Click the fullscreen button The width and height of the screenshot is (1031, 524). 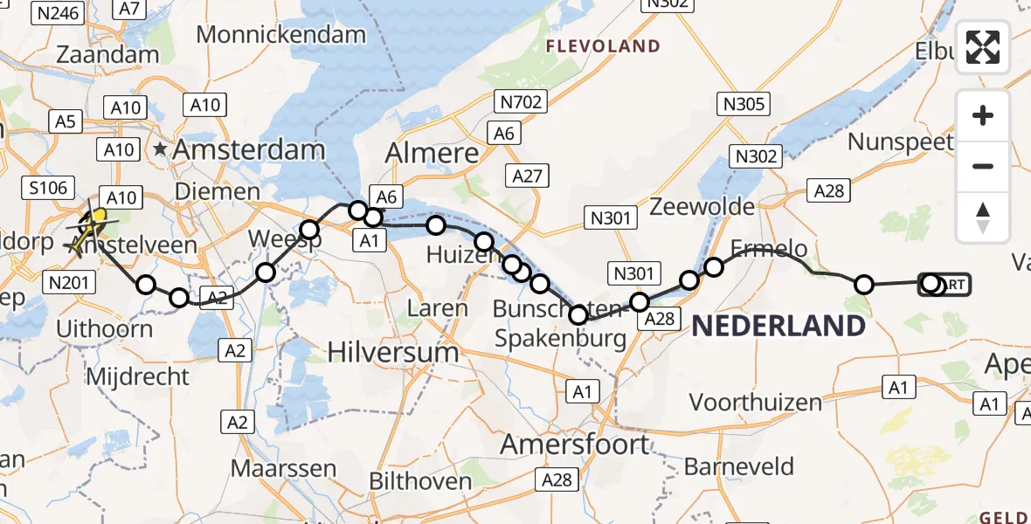(983, 47)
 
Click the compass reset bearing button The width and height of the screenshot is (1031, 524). (983, 217)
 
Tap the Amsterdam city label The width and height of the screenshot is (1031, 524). (248, 149)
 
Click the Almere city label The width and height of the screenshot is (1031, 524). (432, 154)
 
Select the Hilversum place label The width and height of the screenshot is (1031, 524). (393, 352)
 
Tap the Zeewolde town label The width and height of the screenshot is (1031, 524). (702, 207)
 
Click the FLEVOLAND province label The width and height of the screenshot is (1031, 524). (603, 45)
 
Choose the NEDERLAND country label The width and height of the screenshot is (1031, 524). (778, 327)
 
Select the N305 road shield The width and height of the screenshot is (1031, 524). (743, 105)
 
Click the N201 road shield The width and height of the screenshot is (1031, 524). (68, 281)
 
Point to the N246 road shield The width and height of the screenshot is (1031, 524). (56, 12)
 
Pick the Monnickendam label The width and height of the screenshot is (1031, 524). (281, 35)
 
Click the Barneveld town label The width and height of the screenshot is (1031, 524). (739, 466)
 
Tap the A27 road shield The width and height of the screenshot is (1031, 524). (528, 176)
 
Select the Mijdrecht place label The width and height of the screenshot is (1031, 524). (139, 377)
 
